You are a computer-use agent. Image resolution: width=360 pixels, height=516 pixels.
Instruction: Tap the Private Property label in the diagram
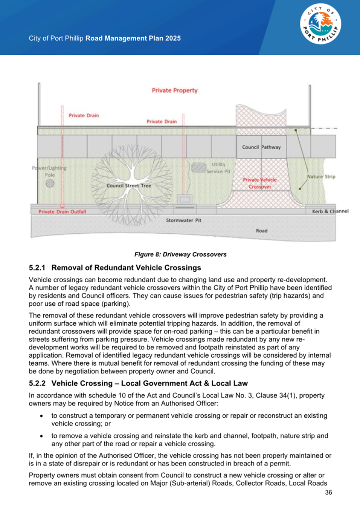[x=174, y=90]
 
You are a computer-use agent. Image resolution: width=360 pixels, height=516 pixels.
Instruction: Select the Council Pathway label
[x=261, y=147]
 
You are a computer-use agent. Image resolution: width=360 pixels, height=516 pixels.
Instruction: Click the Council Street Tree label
[x=129, y=185]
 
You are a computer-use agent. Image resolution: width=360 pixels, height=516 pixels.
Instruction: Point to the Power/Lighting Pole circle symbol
[x=50, y=183]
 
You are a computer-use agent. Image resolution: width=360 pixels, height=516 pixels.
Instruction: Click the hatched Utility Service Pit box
[x=198, y=168]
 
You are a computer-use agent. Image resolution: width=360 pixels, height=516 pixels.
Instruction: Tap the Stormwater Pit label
[x=183, y=220]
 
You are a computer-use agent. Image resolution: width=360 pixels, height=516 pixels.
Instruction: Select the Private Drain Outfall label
[x=62, y=211]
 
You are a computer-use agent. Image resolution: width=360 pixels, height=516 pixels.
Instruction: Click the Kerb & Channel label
[x=330, y=211]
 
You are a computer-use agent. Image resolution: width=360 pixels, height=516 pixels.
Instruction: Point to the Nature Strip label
[x=321, y=176]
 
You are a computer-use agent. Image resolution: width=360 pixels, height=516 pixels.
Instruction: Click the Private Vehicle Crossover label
[x=259, y=183]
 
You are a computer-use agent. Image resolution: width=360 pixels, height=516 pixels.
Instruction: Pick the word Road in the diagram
[x=261, y=231]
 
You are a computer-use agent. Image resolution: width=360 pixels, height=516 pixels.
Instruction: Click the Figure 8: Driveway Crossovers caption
[x=180, y=254]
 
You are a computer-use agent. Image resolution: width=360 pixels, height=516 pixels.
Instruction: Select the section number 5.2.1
[x=37, y=268]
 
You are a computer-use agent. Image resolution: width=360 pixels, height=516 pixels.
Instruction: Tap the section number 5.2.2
[x=37, y=383]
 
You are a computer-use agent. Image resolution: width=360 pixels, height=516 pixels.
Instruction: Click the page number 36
[x=328, y=492]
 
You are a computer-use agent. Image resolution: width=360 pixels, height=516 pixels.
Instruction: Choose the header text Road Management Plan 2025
[x=133, y=38]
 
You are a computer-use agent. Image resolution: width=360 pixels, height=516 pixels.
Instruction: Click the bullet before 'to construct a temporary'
[x=41, y=416]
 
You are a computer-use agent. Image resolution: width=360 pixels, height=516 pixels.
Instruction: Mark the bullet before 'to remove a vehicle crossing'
[x=41, y=436]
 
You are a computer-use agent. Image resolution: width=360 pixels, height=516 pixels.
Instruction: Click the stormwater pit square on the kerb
[x=185, y=199]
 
